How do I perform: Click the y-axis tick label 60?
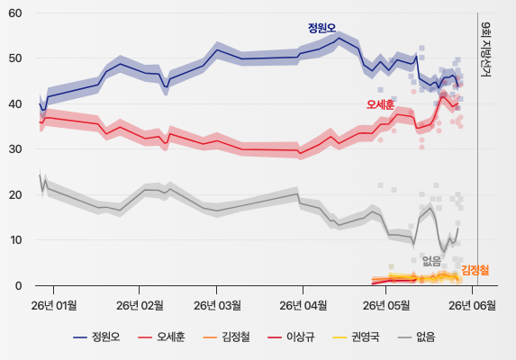coord(15,13)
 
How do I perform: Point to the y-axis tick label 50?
coord(15,58)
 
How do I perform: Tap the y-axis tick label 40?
coord(15,103)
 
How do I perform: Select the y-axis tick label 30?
coord(15,149)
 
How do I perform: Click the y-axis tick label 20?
coord(15,194)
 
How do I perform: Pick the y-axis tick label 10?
coord(15,240)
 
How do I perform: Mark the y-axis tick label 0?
coord(18,285)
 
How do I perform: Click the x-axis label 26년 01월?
coord(54,306)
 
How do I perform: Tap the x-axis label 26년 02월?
coord(140,306)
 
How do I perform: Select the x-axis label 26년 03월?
coord(217,306)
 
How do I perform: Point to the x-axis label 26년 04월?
coord(303,306)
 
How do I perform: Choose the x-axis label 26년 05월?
coord(386,306)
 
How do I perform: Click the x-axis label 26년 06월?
coord(472,306)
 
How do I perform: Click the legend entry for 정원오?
coord(96,337)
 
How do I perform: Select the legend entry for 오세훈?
coord(161,337)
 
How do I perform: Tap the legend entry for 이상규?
coord(291,337)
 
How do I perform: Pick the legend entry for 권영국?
coord(356,337)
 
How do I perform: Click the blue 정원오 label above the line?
coord(321,28)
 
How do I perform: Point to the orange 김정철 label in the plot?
coord(475,270)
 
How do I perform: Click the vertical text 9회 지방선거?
coord(485,49)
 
